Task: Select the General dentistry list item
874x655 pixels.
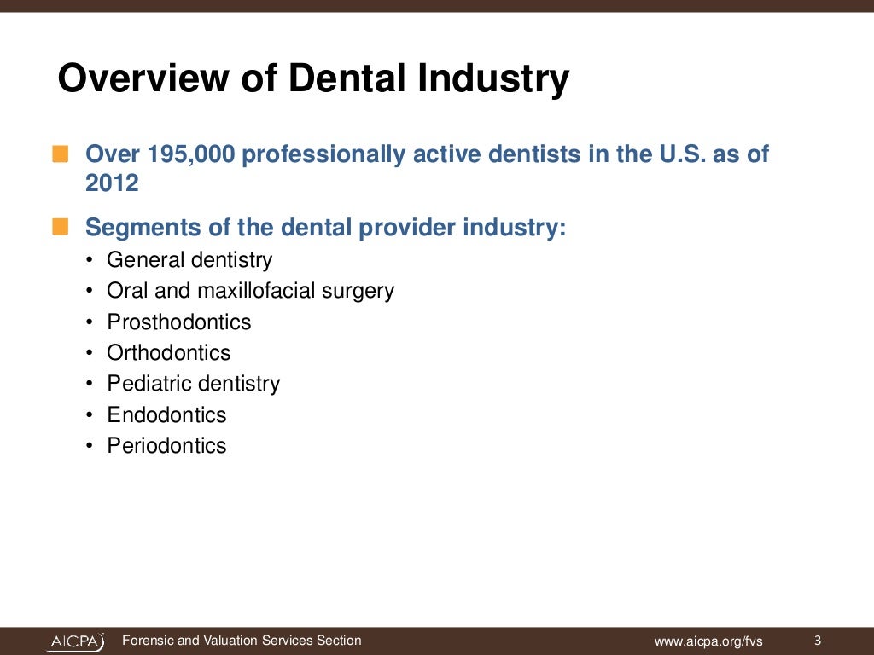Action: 189,259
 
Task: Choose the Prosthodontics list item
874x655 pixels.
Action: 179,322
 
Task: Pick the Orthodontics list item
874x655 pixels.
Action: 169,352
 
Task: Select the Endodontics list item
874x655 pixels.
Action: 166,414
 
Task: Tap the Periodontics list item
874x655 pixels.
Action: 166,445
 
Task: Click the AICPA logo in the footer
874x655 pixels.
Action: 76,641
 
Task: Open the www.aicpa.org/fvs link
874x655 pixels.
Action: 708,641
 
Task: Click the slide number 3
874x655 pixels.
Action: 818,641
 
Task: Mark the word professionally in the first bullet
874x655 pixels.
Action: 324,154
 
